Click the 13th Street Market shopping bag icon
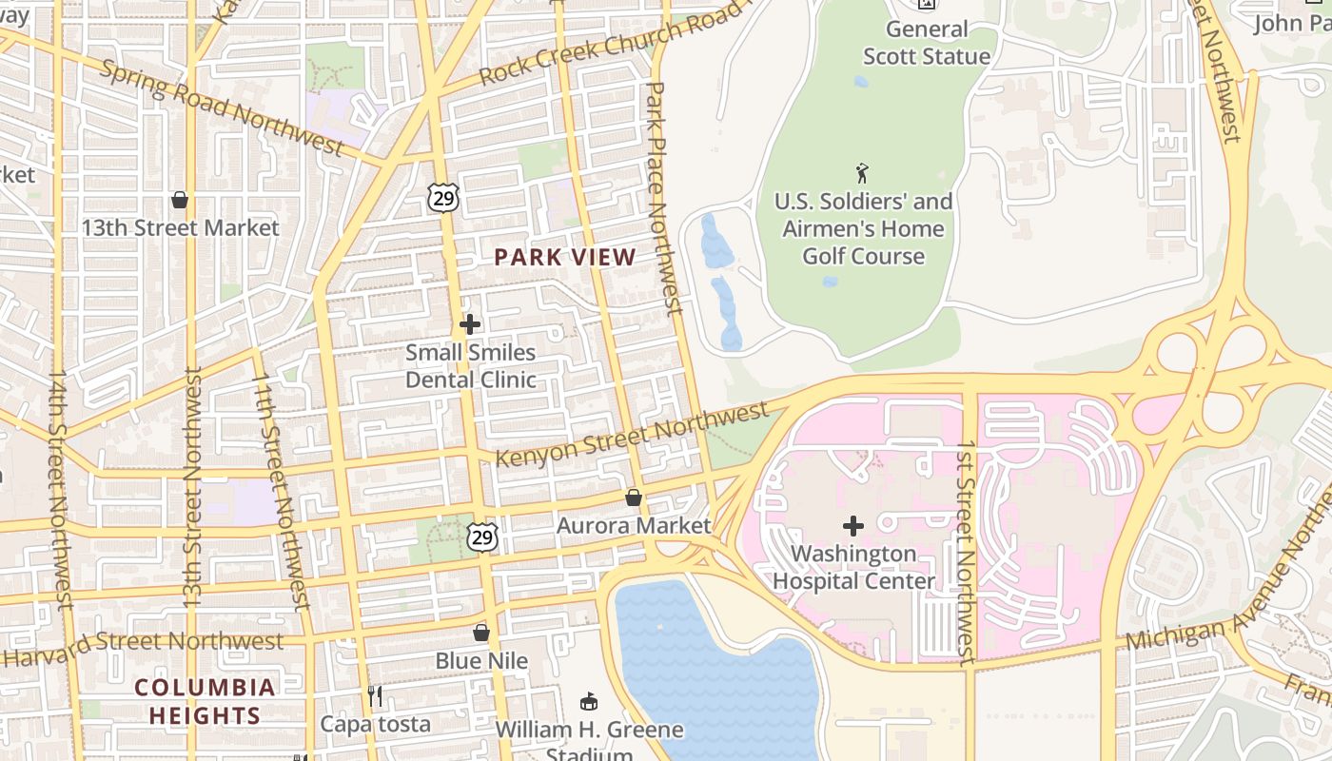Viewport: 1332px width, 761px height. (x=179, y=200)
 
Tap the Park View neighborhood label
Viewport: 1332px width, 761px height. (x=565, y=257)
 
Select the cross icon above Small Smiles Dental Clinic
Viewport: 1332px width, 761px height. (x=470, y=324)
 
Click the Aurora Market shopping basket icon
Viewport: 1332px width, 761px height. (x=634, y=498)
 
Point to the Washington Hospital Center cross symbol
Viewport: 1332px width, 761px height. (x=853, y=525)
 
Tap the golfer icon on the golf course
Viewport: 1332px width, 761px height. (x=863, y=173)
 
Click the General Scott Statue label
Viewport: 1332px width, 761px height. (x=926, y=43)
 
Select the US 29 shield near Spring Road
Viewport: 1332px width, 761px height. (x=443, y=197)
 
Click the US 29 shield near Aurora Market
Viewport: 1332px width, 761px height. (x=482, y=537)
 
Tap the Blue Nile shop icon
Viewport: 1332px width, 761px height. (x=481, y=633)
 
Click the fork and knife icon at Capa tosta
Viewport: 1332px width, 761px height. (x=375, y=696)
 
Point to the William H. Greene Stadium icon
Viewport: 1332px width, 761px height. (x=589, y=702)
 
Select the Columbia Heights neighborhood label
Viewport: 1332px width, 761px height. (x=205, y=701)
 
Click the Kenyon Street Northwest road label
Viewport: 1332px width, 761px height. (x=632, y=436)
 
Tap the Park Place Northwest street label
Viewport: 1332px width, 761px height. (x=664, y=198)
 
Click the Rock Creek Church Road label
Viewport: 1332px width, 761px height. (x=609, y=43)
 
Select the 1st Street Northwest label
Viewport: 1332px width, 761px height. (x=967, y=552)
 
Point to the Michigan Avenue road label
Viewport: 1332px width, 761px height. (x=1227, y=590)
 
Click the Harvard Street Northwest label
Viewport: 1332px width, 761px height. (x=143, y=645)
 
